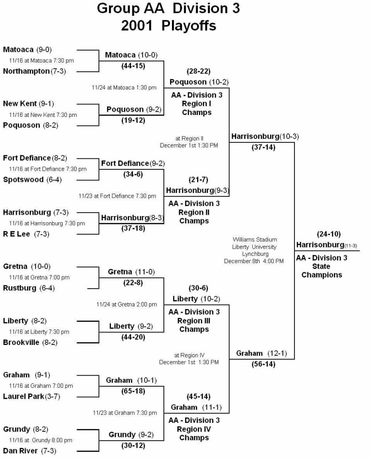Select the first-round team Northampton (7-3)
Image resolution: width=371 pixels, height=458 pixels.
pos(34,71)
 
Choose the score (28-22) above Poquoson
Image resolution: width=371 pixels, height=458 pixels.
pos(195,71)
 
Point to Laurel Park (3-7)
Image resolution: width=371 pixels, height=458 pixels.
pos(31,396)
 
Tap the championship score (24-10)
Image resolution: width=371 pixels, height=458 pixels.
pos(329,234)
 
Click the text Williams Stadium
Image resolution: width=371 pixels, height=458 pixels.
pos(254,239)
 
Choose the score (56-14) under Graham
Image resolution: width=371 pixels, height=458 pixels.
pos(263,364)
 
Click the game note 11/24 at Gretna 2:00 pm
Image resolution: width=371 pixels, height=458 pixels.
pos(126,304)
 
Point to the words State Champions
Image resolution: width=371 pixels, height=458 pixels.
pos(321,271)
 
